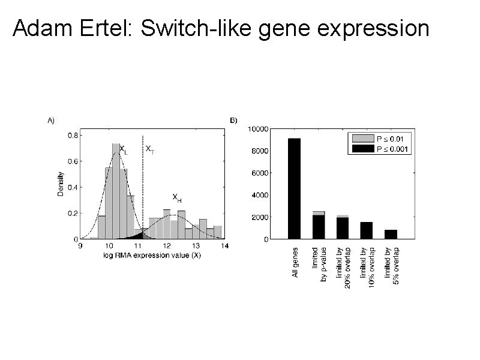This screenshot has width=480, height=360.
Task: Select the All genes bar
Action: tap(294, 188)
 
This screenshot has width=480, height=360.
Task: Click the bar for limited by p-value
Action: tap(318, 226)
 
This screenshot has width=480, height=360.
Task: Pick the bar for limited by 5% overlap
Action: tap(390, 234)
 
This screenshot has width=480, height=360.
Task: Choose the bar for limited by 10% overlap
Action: tap(366, 230)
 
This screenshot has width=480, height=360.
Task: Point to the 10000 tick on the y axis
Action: tap(260, 128)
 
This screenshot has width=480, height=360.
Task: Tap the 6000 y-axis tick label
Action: tap(262, 173)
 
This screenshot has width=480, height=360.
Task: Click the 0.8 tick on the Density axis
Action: tap(71, 135)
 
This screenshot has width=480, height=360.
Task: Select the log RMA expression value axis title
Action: tap(152, 253)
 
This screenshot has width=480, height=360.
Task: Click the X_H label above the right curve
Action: tap(177, 197)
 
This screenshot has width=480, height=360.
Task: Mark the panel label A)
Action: tap(51, 120)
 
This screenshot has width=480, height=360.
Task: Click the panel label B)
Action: tap(234, 120)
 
